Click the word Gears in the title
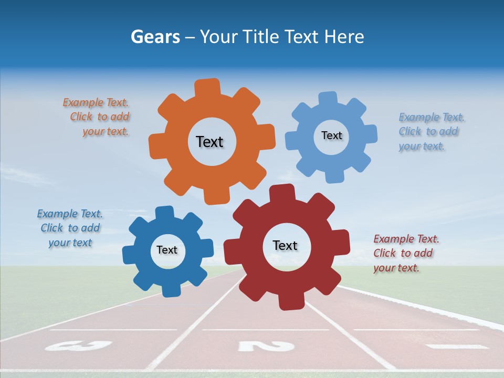click(155, 37)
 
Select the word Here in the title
click(344, 37)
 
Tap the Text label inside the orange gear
click(209, 142)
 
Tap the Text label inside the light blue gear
click(331, 135)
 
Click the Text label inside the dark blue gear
click(167, 250)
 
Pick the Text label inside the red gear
click(285, 245)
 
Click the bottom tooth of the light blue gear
click(334, 176)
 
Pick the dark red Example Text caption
click(404, 253)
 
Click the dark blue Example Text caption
click(70, 228)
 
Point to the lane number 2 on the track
click(266, 346)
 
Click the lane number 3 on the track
click(79, 345)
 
